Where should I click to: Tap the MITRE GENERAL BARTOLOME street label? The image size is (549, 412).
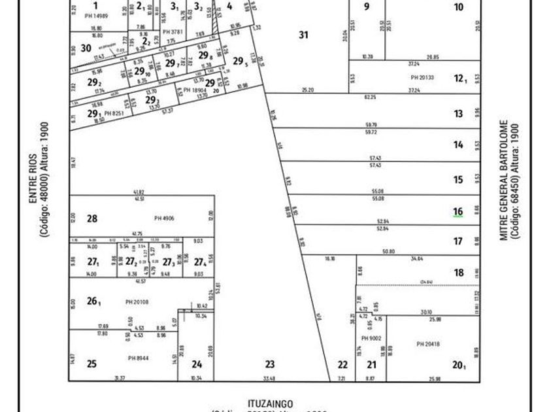[x=504, y=179]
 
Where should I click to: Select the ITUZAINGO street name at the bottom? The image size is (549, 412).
[x=271, y=403]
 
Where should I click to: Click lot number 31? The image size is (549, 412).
[x=303, y=35]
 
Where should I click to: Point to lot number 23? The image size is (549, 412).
[x=270, y=364]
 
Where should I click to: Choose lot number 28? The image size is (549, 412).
[x=92, y=219]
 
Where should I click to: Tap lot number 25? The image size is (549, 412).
[x=92, y=364]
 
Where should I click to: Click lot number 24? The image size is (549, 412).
[x=197, y=364]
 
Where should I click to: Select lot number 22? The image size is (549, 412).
[x=342, y=364]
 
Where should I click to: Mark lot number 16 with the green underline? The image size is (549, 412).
[x=458, y=211]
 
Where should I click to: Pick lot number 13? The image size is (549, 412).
[x=458, y=114]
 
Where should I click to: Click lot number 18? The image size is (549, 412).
[x=458, y=273]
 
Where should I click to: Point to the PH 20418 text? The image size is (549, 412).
[x=428, y=343]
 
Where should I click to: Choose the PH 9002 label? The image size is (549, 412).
[x=371, y=338]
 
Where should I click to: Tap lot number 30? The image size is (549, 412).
[x=86, y=48]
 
